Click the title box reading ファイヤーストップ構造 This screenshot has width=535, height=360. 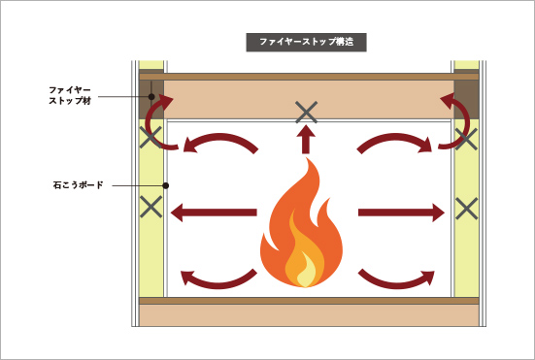[x=306, y=43]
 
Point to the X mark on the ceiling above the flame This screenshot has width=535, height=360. [x=307, y=112]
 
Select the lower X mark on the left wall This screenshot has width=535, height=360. [x=150, y=206]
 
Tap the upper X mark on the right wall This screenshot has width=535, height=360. [x=466, y=138]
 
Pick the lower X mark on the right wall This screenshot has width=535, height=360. [x=466, y=207]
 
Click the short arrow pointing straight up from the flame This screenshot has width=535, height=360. [x=307, y=142]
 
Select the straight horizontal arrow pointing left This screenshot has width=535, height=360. [x=215, y=213]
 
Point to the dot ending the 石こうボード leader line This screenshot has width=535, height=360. [x=166, y=184]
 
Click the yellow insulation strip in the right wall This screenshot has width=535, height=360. [x=466, y=252]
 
